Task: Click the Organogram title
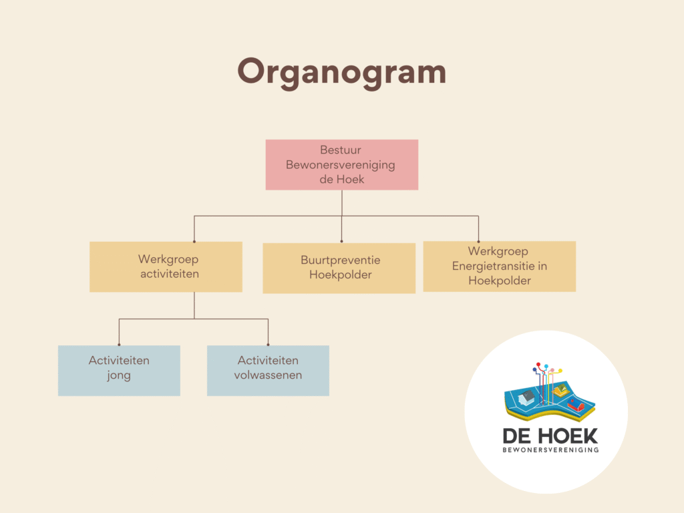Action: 341,72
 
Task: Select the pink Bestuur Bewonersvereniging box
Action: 341,164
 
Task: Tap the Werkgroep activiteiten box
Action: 166,267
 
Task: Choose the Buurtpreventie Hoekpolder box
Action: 339,268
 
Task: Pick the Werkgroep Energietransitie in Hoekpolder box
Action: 500,266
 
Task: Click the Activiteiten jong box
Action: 119,370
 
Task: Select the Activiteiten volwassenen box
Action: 268,370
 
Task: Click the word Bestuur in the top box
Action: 340,150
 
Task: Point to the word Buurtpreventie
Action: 340,261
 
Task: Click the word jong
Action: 119,376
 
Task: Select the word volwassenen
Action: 268,375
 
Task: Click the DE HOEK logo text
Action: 550,436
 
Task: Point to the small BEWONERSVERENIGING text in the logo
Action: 550,450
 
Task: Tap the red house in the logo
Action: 575,405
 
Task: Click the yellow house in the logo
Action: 560,389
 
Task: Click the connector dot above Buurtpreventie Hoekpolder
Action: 341,241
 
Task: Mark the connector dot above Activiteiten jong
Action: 119,345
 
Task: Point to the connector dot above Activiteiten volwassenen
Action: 268,345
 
